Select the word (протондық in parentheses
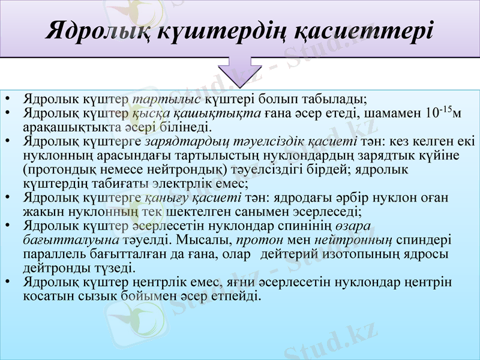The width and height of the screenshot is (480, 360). [59, 170]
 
